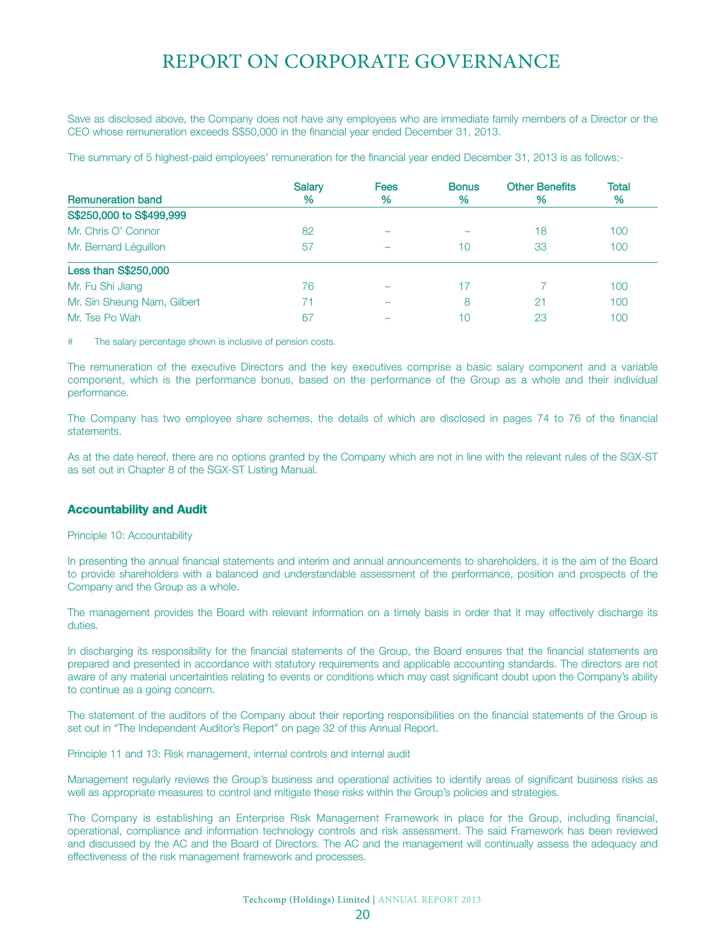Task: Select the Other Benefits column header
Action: click(541, 187)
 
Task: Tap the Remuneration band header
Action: click(114, 199)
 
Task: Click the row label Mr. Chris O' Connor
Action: click(113, 231)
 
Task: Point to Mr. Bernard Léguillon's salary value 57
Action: click(308, 247)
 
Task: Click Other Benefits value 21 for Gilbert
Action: click(540, 302)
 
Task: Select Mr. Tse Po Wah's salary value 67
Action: click(308, 318)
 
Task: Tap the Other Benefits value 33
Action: click(540, 247)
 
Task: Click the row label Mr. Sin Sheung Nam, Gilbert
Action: click(134, 302)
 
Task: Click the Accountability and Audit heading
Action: click(137, 510)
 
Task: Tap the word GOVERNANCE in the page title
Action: click(487, 62)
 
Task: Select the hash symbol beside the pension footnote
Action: click(70, 342)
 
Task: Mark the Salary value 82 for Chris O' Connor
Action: click(308, 231)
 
